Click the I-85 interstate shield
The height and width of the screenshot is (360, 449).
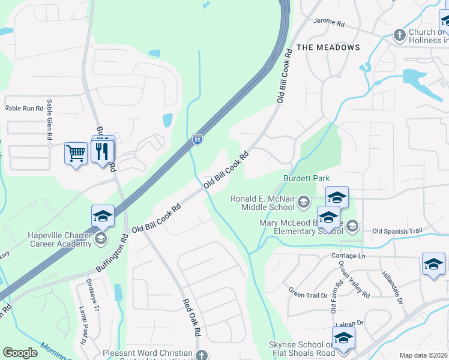coord(197,139)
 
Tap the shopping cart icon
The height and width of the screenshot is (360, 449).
coord(76,154)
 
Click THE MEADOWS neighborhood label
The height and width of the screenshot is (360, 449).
coord(328,47)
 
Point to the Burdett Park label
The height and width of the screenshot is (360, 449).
coord(307,179)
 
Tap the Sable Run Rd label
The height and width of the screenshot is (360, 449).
coord(25,109)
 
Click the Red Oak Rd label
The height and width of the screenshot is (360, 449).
coord(191,317)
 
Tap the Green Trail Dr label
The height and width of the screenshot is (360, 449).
coord(308,293)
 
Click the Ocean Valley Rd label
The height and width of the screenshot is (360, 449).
coord(354,279)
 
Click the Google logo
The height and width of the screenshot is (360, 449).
coord(20,353)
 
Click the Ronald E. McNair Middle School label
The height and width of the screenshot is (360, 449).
coord(264,203)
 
